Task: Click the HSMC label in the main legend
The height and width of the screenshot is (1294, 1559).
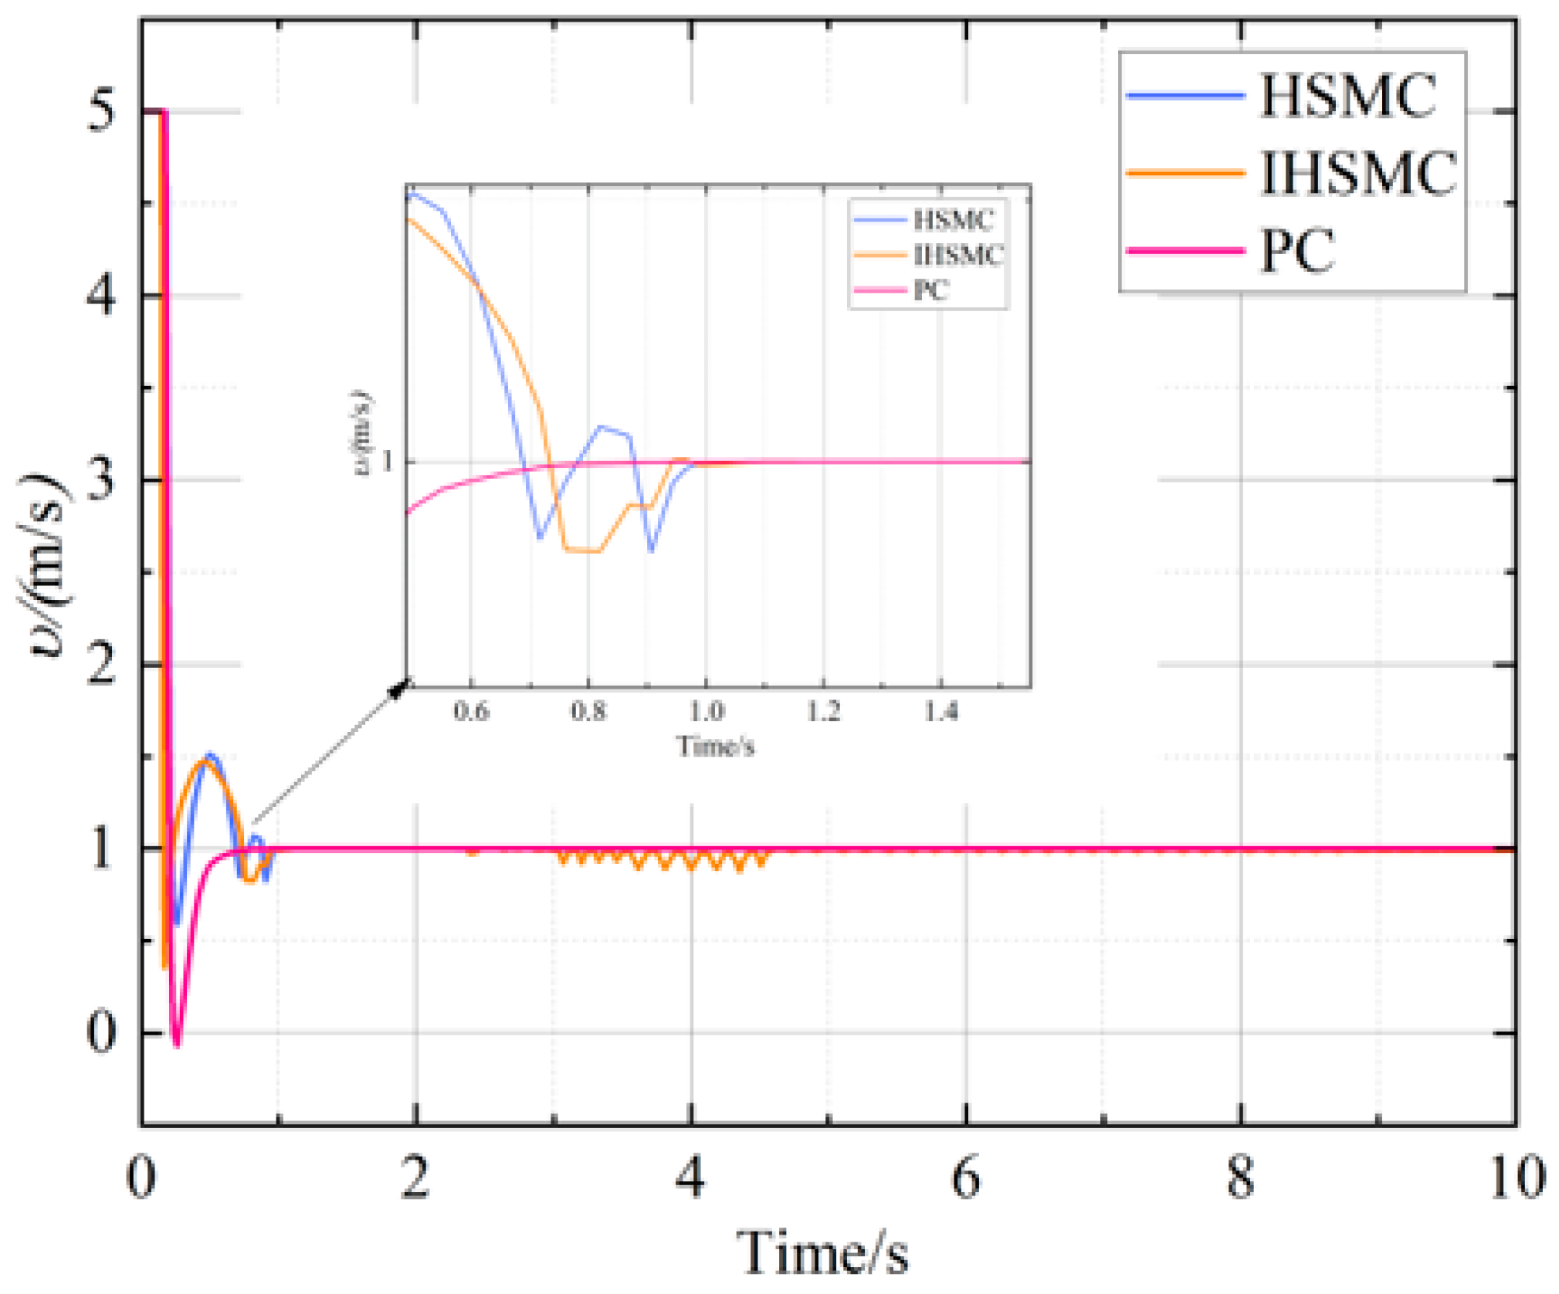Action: click(x=1347, y=96)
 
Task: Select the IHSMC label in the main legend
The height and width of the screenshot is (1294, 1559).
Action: click(x=1358, y=173)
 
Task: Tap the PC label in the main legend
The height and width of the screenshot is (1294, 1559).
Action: click(x=1296, y=250)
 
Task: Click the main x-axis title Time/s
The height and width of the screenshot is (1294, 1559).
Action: click(x=823, y=1252)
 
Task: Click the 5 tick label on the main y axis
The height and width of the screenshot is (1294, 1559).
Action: click(x=100, y=110)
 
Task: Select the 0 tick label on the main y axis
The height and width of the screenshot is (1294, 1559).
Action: click(x=100, y=1032)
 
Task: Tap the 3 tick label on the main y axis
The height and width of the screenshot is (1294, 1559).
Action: click(x=100, y=479)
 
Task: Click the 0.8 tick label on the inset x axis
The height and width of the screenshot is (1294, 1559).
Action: click(x=588, y=710)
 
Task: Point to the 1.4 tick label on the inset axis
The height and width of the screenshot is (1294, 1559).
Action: click(x=941, y=710)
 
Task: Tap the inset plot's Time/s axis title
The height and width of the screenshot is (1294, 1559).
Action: click(x=715, y=746)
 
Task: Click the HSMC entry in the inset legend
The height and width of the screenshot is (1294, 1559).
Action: click(x=953, y=221)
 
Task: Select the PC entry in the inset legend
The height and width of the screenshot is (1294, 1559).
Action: click(x=930, y=290)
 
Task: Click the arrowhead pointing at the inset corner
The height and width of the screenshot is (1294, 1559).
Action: click(x=399, y=689)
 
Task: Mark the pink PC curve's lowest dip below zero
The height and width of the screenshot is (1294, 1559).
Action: click(x=178, y=1044)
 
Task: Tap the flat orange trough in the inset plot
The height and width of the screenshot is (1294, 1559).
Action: click(x=582, y=550)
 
